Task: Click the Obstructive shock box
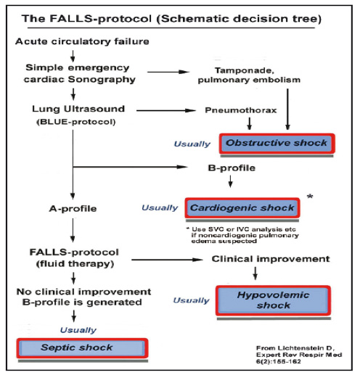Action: tap(277, 144)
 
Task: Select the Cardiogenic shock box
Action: tap(242, 208)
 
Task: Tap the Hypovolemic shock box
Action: tap(273, 300)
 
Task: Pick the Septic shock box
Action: tap(82, 348)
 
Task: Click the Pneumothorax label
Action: tap(241, 110)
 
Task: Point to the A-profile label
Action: tap(73, 208)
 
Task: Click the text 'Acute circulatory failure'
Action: tap(82, 41)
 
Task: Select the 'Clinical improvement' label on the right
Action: tap(271, 259)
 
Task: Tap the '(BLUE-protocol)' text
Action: tap(76, 122)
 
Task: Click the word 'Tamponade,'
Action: tap(245, 70)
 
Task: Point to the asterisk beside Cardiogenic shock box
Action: tap(310, 197)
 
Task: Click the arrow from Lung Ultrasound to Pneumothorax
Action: tap(165, 110)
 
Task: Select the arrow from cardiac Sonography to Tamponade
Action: tap(168, 72)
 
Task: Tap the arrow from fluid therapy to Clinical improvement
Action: tap(167, 260)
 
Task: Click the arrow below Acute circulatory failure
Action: tap(73, 56)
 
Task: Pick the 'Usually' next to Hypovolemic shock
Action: tap(191, 300)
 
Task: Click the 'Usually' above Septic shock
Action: tap(78, 330)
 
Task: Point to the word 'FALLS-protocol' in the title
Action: tap(100, 19)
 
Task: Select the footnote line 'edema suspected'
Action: tap(224, 241)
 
